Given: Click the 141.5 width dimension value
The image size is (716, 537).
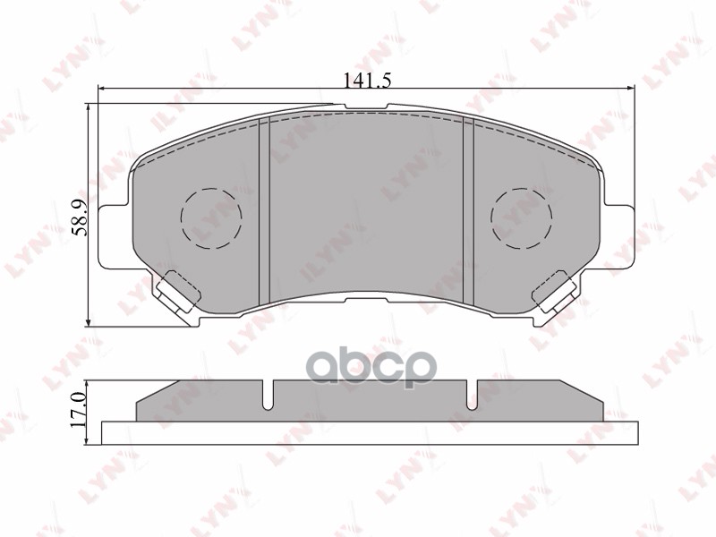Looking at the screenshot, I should click(x=368, y=80).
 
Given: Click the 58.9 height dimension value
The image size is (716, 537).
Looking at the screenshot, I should click(x=79, y=217).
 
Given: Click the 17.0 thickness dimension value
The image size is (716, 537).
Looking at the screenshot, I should click(x=78, y=406).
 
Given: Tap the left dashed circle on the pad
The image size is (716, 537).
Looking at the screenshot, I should click(x=211, y=217).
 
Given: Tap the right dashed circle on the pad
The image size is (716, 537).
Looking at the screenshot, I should click(x=522, y=217).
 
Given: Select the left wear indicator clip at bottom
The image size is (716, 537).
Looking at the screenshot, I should click(x=177, y=288).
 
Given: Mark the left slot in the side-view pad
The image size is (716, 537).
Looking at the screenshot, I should click(x=268, y=395).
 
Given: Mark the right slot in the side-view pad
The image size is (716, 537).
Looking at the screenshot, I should click(x=472, y=395).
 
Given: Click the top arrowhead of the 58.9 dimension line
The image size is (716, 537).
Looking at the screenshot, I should click(x=89, y=107).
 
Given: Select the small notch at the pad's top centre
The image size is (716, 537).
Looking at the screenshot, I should click(x=367, y=108).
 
